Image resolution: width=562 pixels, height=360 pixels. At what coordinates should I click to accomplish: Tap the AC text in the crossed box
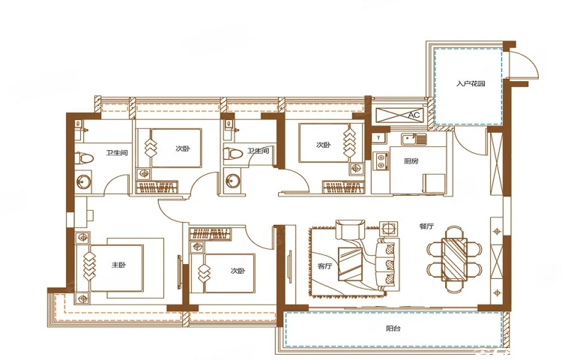click(414, 115)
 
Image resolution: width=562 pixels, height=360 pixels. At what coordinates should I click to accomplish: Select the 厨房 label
click(411, 161)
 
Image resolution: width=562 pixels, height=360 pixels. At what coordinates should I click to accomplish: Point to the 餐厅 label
click(427, 226)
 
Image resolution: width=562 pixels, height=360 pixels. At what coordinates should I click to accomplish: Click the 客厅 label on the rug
click(325, 266)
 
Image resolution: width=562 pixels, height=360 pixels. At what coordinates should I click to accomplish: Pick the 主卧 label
click(118, 265)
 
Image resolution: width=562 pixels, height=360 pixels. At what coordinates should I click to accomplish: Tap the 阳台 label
click(393, 328)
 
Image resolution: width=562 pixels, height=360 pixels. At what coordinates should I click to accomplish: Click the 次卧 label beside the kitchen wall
click(323, 145)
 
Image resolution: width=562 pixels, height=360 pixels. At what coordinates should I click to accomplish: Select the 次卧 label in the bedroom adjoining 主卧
click(238, 271)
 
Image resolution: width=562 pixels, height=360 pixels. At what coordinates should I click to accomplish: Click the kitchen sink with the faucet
click(414, 139)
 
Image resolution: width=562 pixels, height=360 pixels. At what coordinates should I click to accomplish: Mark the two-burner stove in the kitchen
click(381, 160)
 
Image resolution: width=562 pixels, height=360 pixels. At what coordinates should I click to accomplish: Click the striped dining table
click(455, 259)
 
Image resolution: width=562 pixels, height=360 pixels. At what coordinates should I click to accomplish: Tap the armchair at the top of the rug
click(351, 229)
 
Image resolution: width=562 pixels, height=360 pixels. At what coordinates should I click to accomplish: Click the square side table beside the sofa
click(388, 228)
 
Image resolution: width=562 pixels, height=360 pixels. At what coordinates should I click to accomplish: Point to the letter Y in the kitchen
click(378, 138)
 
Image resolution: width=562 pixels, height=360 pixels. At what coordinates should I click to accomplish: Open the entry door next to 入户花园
click(523, 64)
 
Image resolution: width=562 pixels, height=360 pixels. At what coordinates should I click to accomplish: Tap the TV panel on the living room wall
click(289, 264)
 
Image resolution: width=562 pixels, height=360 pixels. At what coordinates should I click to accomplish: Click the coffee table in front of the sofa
click(350, 263)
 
